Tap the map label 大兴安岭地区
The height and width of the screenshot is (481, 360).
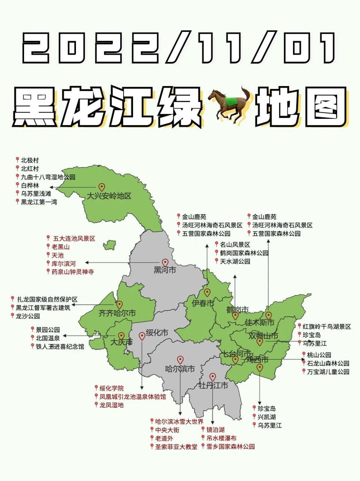[x=109, y=196]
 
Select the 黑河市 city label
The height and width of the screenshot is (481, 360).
[x=165, y=270]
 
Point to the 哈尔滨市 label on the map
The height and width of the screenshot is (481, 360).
[x=180, y=369]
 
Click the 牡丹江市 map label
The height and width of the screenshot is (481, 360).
[x=213, y=386]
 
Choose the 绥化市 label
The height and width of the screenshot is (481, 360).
[x=157, y=332]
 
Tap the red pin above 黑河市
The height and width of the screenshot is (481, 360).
[x=165, y=262]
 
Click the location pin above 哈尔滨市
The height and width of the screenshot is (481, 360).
[x=180, y=360]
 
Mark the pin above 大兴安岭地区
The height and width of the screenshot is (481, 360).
[x=101, y=187]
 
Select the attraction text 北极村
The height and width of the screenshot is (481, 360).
[x=30, y=160]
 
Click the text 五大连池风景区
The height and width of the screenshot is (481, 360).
[x=74, y=239]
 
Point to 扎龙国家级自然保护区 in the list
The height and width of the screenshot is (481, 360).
[x=47, y=299]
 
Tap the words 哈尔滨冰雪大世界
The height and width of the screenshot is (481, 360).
[x=179, y=422]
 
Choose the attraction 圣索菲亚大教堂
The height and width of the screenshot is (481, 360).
[x=176, y=447]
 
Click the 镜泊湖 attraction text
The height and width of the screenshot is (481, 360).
[x=215, y=430]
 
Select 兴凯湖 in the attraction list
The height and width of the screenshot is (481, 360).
[x=267, y=417]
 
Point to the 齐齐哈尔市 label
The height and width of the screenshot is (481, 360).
[x=117, y=313]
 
